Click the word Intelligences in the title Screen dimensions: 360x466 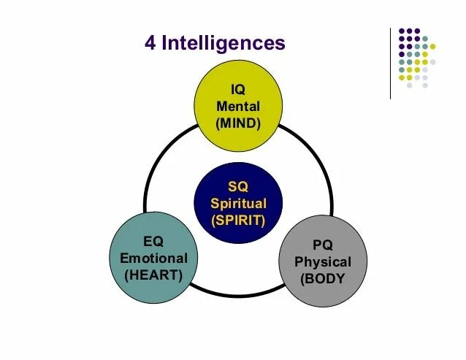[x=223, y=43]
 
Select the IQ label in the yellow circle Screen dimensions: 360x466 [x=237, y=89]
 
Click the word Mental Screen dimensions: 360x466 [x=238, y=106]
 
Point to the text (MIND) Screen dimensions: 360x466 [x=238, y=123]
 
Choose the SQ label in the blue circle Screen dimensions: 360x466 [x=238, y=187]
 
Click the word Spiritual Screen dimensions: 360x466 [x=238, y=203]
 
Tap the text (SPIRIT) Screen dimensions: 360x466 [x=238, y=220]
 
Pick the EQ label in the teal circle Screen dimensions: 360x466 [x=153, y=242]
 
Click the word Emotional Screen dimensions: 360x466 [x=153, y=258]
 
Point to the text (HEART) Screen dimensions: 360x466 [x=153, y=275]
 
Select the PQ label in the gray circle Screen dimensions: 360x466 [x=322, y=245]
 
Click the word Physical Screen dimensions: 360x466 [x=322, y=261]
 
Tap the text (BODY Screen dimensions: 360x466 [x=322, y=279]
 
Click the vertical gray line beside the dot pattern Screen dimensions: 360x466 [x=391, y=63]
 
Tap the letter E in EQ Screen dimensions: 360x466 [x=148, y=242]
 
